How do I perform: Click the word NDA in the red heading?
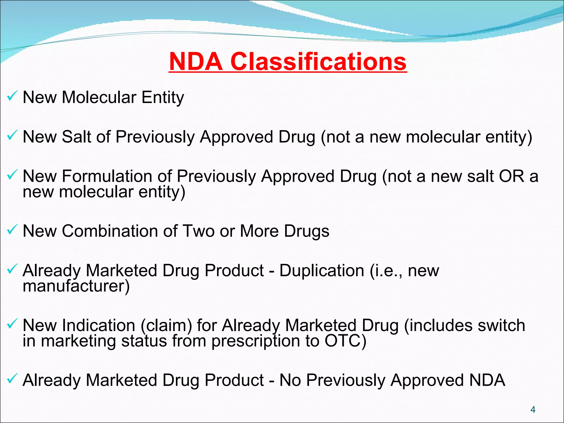196,62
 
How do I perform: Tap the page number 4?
533,410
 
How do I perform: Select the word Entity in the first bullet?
162,97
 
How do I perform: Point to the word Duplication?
322,270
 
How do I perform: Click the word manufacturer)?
76,286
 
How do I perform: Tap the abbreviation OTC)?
345,341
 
